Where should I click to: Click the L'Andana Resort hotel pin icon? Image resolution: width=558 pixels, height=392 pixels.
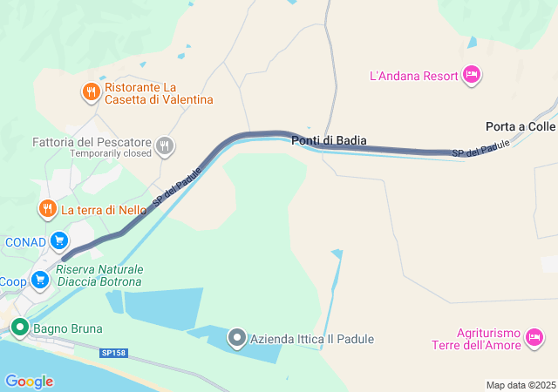471,75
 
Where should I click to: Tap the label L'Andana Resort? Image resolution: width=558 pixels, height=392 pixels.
414,76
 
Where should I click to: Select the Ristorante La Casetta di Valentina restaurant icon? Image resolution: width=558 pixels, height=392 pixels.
91,91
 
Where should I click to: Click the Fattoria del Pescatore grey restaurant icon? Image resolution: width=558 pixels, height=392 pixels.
165,146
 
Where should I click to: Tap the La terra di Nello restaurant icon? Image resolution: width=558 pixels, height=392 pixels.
47,209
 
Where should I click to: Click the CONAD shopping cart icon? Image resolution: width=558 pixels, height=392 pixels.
59,241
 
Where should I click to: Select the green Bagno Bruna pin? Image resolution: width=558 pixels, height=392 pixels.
19,328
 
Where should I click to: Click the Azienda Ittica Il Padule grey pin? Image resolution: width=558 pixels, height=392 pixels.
236,339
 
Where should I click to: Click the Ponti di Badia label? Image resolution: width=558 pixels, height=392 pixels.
329,140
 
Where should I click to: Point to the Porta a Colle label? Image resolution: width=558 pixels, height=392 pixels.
521,126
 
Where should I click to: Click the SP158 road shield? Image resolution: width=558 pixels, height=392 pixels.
113,352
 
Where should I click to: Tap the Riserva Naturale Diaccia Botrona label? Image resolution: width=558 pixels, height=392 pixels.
100,275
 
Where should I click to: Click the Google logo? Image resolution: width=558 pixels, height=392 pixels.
29,381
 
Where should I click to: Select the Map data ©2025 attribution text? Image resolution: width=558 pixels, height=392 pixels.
520,385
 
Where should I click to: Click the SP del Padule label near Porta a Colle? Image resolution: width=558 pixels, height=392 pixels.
480,150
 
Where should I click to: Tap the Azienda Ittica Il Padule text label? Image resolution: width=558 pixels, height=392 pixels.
312,339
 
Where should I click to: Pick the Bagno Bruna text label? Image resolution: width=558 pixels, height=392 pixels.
69,328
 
